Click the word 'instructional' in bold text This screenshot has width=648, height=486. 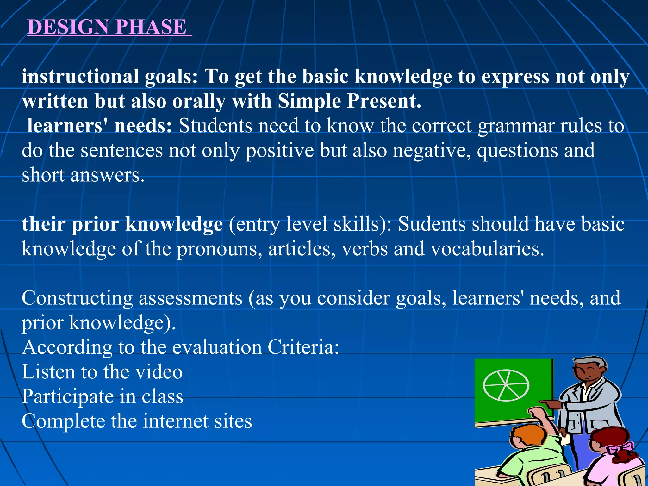pos(80,77)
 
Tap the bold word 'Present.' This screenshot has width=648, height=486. pos(384,101)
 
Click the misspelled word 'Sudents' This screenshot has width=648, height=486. pos(432,225)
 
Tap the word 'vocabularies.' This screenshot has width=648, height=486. pos(488,249)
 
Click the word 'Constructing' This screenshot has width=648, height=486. pos(77,299)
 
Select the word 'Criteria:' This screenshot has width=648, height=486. pos(303,347)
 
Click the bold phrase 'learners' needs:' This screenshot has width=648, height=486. pos(99,126)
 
